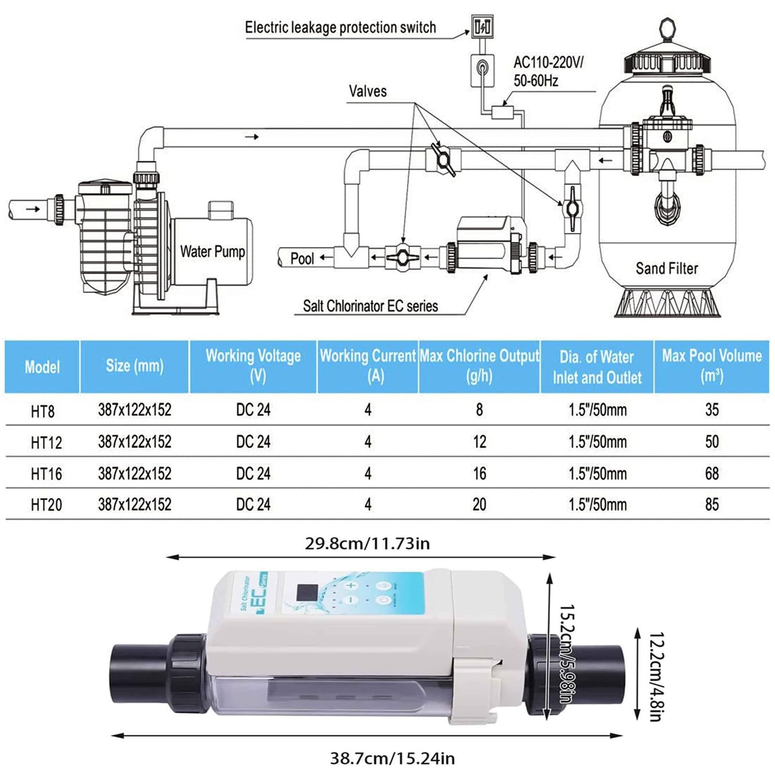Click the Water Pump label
click(212, 252)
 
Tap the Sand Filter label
click(666, 268)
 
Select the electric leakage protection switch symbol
click(482, 27)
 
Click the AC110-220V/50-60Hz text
click(548, 71)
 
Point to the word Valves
click(368, 91)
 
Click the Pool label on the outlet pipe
click(302, 259)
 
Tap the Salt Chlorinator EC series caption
click(370, 306)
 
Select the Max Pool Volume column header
click(712, 366)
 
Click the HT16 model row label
click(46, 474)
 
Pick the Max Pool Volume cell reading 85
click(712, 505)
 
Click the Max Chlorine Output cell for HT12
click(479, 442)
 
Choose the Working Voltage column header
click(253, 366)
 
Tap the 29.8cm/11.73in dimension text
click(367, 543)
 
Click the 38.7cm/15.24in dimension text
click(392, 758)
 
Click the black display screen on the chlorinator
click(307, 591)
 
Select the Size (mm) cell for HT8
click(135, 410)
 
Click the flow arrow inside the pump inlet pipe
click(32, 209)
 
